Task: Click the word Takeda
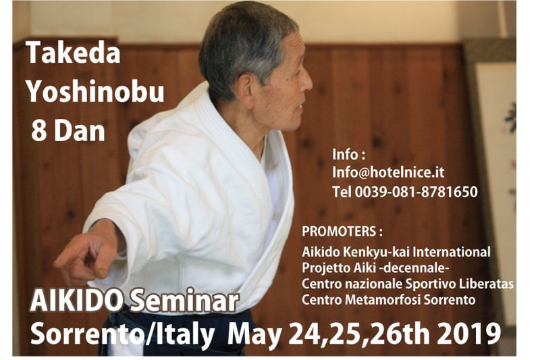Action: click(x=73, y=53)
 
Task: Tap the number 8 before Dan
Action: click(x=39, y=131)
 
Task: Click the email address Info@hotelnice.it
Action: click(x=389, y=172)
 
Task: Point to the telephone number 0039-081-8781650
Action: click(x=416, y=192)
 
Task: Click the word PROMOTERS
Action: click(x=339, y=232)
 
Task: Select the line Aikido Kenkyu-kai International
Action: click(x=396, y=252)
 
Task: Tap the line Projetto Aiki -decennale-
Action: click(x=376, y=267)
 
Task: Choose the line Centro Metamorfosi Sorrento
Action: click(x=389, y=300)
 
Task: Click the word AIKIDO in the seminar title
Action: click(x=76, y=301)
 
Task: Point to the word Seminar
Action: click(x=184, y=301)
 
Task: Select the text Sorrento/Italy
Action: click(x=122, y=334)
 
